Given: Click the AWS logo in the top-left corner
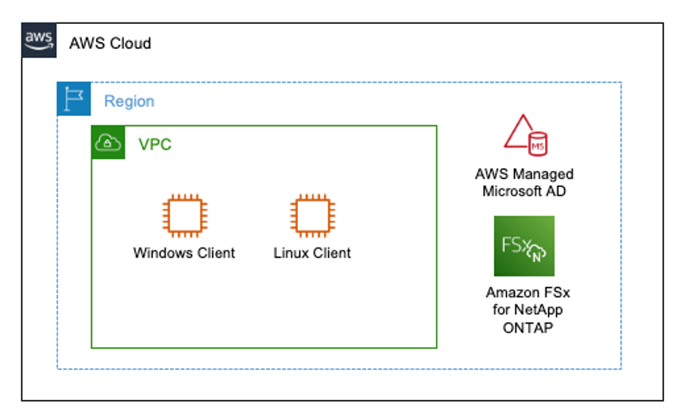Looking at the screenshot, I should tap(39, 40).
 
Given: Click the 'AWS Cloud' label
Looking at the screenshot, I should tap(110, 43).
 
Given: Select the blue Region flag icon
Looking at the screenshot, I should tap(74, 100).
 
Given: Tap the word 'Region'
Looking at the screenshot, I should tap(129, 101).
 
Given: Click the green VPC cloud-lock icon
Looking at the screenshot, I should tap(108, 142).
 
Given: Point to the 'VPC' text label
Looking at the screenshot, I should tap(155, 145).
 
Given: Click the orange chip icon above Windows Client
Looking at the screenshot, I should tap(184, 215).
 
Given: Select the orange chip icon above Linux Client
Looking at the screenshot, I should tap(312, 215).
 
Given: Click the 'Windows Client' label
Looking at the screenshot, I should tap(184, 253).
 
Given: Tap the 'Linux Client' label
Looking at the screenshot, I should tap(312, 253).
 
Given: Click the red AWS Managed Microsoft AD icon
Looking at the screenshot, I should tap(525, 133).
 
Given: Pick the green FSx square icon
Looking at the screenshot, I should tap(524, 246).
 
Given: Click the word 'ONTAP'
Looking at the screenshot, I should tap(524, 327).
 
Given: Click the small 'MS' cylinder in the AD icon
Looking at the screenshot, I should tap(536, 143).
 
